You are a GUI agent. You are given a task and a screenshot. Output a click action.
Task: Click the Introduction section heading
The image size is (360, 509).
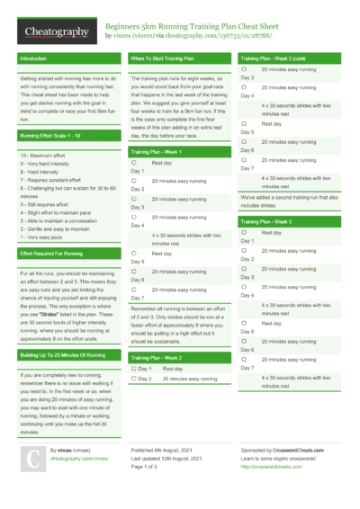point(33,58)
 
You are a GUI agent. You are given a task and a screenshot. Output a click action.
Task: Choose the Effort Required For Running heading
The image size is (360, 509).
point(52,254)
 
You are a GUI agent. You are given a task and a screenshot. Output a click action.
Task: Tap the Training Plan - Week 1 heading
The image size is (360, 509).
point(161,152)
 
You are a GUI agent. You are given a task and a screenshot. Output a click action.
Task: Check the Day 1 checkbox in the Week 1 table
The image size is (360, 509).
point(133,163)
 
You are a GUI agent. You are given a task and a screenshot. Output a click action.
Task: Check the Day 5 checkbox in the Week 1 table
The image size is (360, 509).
point(133,254)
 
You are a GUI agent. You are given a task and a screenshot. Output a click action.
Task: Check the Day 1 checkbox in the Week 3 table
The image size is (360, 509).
point(244,232)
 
